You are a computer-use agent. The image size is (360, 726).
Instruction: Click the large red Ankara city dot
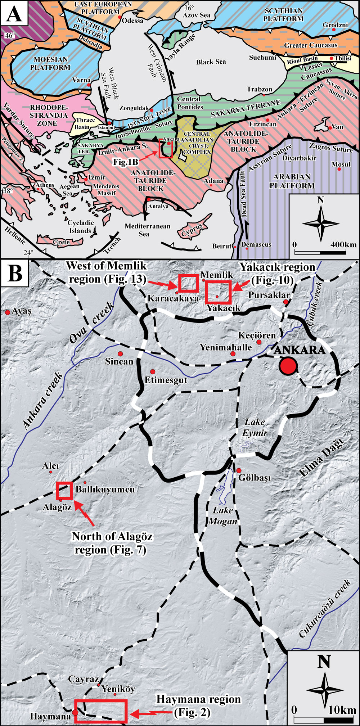pos(288,366)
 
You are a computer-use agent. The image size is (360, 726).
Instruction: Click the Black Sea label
pos(211,62)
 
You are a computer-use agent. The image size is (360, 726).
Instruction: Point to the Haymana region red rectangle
pos(101,711)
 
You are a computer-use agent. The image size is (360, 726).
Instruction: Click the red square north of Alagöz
pos(65,491)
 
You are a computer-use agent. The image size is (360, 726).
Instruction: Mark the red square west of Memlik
pos(188,283)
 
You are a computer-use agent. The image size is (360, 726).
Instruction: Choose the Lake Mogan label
pos(223,516)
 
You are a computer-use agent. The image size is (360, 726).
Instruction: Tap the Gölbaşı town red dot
pos(239,470)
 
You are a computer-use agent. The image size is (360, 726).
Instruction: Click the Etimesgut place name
pos(166,380)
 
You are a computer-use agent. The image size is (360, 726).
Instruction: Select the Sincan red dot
pos(120,353)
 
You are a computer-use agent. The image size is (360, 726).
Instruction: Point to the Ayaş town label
pos(22,311)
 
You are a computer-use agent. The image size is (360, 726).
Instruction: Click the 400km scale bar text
pos(343,245)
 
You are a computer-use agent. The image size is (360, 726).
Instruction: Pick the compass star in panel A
pos(320,224)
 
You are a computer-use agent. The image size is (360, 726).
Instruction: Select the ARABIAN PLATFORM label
pos(292,181)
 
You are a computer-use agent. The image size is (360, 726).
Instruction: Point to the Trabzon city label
pos(260,89)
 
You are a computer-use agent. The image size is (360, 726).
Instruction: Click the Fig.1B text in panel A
pos(126,162)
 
